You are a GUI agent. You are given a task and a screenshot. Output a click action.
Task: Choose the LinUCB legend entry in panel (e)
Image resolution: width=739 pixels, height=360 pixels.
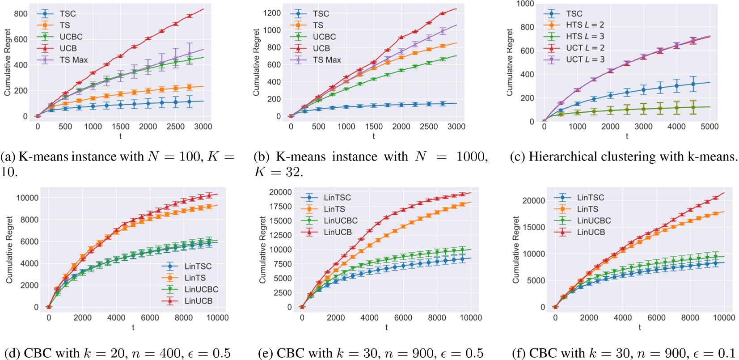pos(338,232)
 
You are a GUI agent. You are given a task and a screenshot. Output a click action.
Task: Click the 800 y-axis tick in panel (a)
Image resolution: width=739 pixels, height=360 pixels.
pos(21,13)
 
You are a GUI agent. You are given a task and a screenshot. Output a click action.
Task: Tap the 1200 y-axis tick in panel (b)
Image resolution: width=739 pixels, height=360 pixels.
pos(272,13)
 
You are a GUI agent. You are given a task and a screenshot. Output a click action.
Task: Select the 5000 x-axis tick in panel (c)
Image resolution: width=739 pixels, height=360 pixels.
pos(709,127)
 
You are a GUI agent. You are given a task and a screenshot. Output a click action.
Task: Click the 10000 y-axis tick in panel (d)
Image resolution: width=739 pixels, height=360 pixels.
pos(27,198)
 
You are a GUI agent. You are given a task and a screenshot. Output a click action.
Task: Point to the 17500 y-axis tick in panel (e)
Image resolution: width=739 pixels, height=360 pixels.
pos(280,206)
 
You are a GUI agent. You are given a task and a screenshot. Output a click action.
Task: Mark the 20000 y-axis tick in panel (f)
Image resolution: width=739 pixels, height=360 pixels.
pos(534,200)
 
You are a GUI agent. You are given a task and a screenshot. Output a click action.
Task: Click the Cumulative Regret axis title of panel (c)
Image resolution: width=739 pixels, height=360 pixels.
pos(510,62)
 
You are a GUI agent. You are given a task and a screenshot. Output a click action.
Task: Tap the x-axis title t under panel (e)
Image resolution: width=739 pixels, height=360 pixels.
pos(386,327)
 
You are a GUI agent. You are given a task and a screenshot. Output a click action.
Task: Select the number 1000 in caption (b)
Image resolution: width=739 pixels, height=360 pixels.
pos(472,157)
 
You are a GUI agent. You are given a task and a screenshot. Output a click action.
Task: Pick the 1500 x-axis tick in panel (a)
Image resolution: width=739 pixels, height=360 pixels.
pos(121,127)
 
